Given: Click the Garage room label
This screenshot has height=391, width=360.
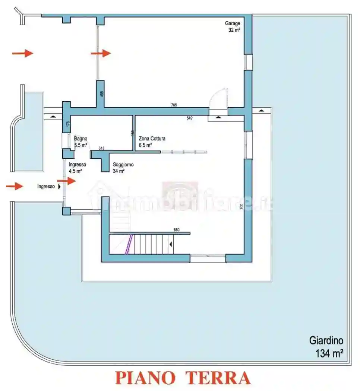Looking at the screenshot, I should [232, 23].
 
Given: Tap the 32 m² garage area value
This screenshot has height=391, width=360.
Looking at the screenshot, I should [234, 30].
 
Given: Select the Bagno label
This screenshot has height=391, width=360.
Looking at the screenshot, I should [80, 139].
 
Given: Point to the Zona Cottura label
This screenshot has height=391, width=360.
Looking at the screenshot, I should [152, 139].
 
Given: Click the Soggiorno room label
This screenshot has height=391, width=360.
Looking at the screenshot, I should [123, 165].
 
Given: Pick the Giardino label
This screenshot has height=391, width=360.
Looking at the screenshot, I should [326, 340].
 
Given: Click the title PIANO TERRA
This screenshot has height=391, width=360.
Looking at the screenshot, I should [183, 378].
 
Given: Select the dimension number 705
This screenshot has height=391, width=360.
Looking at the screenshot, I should [174, 105].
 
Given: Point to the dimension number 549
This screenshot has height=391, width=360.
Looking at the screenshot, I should [189, 118].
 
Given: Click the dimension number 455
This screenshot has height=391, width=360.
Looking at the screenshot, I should [101, 94].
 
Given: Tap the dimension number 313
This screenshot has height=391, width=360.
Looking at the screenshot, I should [101, 148].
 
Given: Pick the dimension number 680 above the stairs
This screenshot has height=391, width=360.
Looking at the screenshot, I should [177, 230].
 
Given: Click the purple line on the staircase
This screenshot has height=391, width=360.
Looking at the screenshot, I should [129, 244].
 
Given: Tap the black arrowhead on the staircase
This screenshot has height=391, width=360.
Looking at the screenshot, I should [171, 244].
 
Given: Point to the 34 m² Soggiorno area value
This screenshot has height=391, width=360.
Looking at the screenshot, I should [119, 171].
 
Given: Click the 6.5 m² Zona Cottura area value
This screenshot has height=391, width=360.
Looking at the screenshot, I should [145, 145].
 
